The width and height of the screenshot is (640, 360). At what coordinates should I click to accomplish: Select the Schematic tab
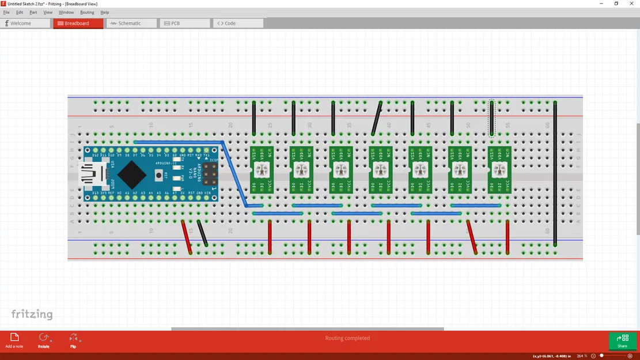[x=131, y=24]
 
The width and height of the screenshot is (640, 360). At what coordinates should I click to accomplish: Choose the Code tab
[x=238, y=24]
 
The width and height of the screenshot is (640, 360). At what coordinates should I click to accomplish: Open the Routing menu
[x=87, y=12]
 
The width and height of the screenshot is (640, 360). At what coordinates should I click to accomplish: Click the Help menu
[x=104, y=12]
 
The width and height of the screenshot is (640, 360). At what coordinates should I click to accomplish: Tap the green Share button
[x=622, y=341]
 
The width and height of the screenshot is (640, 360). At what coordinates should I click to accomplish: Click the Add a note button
[x=14, y=340]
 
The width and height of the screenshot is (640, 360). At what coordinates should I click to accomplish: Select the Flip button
[x=73, y=340]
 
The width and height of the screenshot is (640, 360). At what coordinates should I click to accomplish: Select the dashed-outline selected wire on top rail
[x=491, y=119]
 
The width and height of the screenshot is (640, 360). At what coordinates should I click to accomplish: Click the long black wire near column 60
[x=555, y=173]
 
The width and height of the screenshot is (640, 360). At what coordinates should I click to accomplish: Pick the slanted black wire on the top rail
[x=377, y=119]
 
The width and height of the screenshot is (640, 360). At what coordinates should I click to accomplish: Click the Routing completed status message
[x=347, y=338]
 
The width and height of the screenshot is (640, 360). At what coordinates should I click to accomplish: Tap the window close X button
[x=632, y=3]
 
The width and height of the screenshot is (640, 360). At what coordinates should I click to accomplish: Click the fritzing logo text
[x=32, y=314]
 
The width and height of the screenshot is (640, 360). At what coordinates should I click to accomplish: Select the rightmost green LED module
[x=499, y=170]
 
